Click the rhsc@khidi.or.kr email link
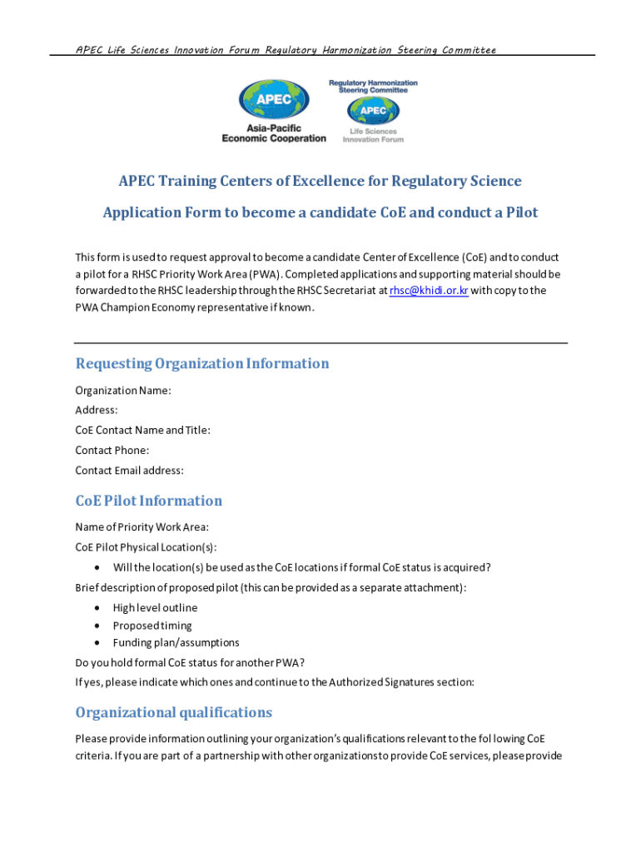[429, 291]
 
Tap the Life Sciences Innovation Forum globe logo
[372, 111]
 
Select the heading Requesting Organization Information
[202, 364]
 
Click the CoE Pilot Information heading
[149, 501]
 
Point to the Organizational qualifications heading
[174, 712]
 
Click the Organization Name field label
[123, 391]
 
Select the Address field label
[97, 410]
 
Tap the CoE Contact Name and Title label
[142, 430]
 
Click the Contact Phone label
[112, 450]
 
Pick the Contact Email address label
[129, 470]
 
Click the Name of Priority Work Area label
[142, 526]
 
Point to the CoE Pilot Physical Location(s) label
[146, 547]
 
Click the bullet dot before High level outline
[97, 608]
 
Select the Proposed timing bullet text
[152, 626]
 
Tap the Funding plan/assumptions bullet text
[176, 642]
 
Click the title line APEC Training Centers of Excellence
[320, 182]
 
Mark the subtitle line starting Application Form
[320, 212]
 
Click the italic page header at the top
[286, 50]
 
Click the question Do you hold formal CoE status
[190, 663]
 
